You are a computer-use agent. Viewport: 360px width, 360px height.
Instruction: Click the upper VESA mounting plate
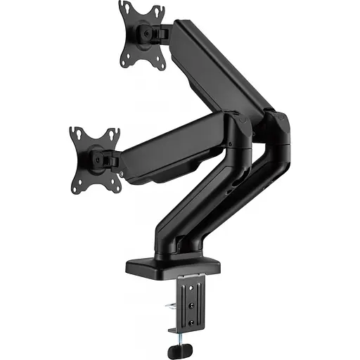coord(141,35)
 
